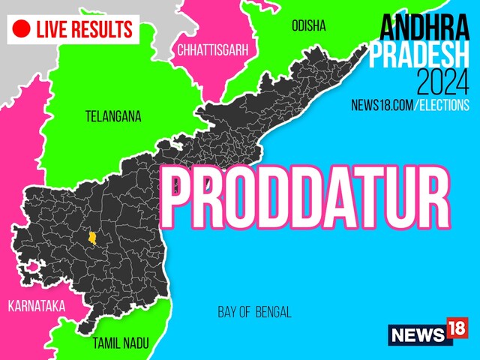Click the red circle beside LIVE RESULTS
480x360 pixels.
click(22, 29)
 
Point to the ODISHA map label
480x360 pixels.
click(308, 26)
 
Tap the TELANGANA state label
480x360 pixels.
click(112, 116)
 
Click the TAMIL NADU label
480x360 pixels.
click(120, 343)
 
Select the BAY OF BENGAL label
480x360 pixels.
click(254, 312)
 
